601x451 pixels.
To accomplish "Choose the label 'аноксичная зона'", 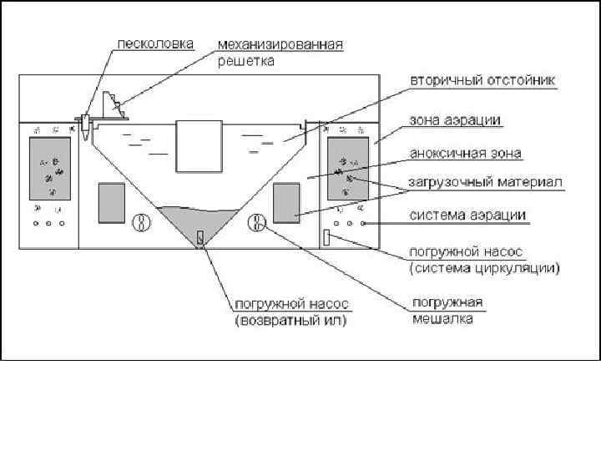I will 466,154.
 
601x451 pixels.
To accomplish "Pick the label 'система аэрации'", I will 467,215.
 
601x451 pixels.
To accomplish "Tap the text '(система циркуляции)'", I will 484,269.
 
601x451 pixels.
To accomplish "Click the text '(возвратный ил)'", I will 290,319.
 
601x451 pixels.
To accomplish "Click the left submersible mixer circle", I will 142,223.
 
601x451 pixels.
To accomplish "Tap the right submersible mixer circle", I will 258,222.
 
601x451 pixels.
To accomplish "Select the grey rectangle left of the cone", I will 111,203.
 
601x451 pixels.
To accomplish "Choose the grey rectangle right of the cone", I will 287,203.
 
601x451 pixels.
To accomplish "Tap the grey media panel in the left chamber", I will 48,170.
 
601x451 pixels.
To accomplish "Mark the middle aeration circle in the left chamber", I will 48,224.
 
